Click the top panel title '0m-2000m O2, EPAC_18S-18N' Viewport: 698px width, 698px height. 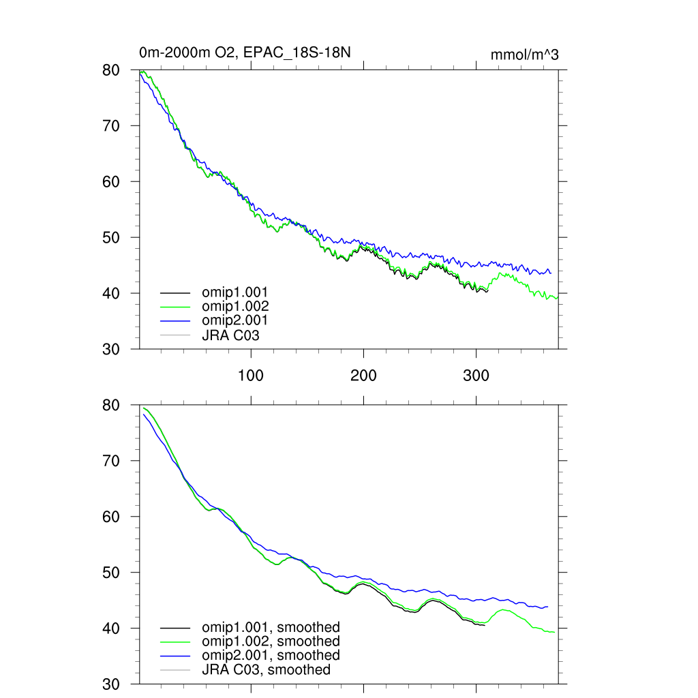coord(244,53)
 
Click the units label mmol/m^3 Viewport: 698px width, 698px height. coord(525,55)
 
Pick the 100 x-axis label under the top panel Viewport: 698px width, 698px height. coord(251,376)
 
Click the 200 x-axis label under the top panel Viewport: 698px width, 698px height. coord(363,376)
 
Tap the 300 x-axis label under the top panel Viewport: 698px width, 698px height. coord(476,376)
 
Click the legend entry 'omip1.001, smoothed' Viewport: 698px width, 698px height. coord(271,627)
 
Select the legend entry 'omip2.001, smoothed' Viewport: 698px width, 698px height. coord(271,655)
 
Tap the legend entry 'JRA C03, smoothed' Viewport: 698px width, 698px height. coord(266,669)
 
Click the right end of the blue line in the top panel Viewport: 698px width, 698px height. coord(551,273)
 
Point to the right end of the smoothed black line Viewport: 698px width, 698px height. coord(485,626)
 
